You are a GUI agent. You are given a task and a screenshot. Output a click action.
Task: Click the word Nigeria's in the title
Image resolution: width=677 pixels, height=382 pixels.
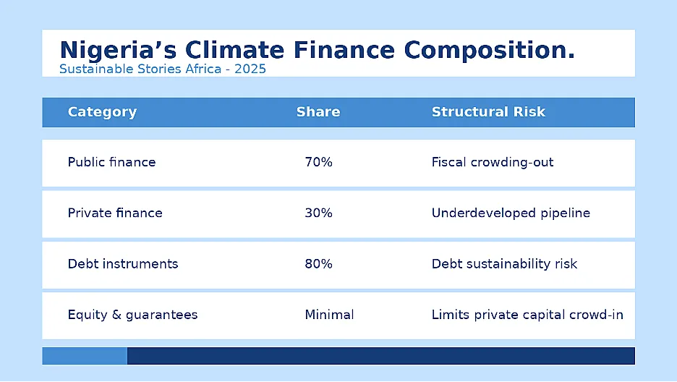[x=118, y=51]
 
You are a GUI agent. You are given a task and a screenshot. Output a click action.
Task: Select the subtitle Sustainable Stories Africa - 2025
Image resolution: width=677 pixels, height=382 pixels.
[x=162, y=69]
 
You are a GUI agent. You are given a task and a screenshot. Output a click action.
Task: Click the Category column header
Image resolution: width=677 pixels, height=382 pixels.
[x=102, y=112]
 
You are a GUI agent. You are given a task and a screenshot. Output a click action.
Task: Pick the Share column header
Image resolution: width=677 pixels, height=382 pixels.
[x=318, y=112]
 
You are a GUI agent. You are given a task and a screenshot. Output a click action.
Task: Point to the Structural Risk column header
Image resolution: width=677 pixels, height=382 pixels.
[x=488, y=112]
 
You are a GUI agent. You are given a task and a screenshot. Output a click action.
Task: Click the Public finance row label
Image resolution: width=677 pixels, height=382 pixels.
[x=111, y=162]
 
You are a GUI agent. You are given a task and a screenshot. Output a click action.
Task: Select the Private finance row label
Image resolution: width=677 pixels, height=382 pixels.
[x=115, y=213]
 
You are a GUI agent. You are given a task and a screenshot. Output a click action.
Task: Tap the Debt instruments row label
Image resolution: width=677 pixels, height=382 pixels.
[x=123, y=264]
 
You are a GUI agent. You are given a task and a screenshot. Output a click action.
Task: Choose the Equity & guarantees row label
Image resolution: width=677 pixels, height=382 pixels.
[x=132, y=315]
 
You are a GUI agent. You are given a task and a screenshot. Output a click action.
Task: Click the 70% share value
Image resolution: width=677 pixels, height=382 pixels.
[x=319, y=162]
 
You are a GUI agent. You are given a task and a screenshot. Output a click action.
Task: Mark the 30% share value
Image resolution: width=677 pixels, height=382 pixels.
[x=319, y=213]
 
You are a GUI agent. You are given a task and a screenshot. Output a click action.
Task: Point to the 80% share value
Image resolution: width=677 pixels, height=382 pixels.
[x=319, y=264]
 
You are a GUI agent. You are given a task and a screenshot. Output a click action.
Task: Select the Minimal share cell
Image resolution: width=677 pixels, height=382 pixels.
[x=329, y=315]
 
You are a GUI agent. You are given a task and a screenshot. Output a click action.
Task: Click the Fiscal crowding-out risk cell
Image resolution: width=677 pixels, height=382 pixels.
[x=493, y=162]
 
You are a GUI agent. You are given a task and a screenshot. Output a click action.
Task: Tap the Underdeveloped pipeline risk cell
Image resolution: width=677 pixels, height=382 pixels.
[x=511, y=213]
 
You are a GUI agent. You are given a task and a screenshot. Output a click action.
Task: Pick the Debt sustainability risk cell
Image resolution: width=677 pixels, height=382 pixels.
[x=504, y=264]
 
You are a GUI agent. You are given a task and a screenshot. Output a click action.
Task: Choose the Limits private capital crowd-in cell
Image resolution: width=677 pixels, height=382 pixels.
[x=527, y=315]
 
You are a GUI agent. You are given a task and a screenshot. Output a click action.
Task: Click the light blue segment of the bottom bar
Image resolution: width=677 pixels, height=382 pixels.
[x=85, y=356]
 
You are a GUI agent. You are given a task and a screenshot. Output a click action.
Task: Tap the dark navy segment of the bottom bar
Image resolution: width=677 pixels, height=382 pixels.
[x=380, y=356]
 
